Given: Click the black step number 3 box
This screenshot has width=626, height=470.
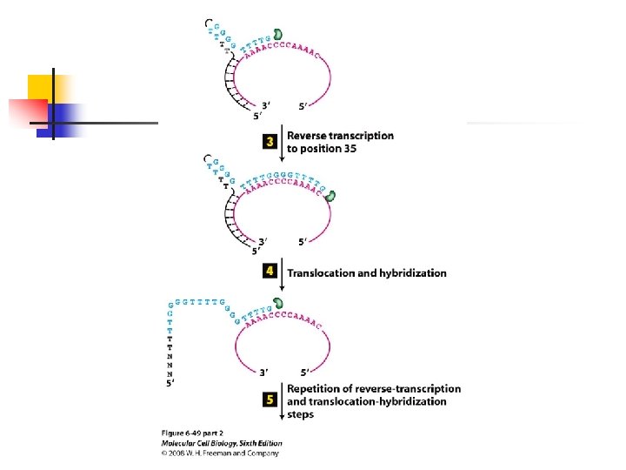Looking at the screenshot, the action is tap(270, 141).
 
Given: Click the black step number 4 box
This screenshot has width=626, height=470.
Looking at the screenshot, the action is tap(270, 272).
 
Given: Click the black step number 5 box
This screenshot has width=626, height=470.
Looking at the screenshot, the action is tap(270, 400).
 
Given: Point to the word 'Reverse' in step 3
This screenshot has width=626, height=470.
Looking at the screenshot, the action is tap(307, 136).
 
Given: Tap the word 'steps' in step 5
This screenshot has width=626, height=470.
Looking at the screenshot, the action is tap(300, 414).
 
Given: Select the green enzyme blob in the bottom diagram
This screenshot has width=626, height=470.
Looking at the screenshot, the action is tap(279, 305).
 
